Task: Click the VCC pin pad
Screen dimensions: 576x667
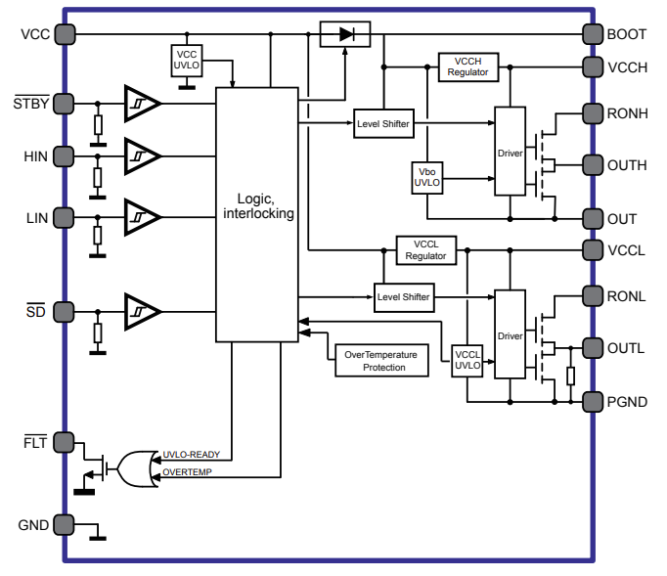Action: pyautogui.click(x=65, y=34)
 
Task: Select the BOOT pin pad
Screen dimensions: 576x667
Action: pyautogui.click(x=592, y=34)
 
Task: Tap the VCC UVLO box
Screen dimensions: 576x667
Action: pyautogui.click(x=186, y=60)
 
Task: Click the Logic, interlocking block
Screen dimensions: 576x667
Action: pyautogui.click(x=256, y=214)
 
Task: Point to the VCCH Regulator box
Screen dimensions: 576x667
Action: pyautogui.click(x=467, y=66)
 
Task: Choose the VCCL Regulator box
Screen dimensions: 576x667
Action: pyautogui.click(x=425, y=249)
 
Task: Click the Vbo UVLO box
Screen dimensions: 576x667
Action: pyautogui.click(x=427, y=176)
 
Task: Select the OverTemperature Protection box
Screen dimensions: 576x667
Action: pyautogui.click(x=382, y=361)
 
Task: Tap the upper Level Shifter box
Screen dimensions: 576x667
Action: pyautogui.click(x=382, y=123)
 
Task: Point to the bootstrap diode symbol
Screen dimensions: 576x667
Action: pyautogui.click(x=345, y=34)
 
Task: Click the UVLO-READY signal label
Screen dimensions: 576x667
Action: pyautogui.click(x=191, y=455)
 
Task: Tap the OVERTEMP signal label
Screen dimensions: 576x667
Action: pyautogui.click(x=186, y=472)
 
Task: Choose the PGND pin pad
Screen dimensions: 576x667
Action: pyautogui.click(x=592, y=401)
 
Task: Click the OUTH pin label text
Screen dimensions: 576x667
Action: pyautogui.click(x=627, y=164)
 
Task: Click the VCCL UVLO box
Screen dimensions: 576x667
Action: pyautogui.click(x=467, y=360)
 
